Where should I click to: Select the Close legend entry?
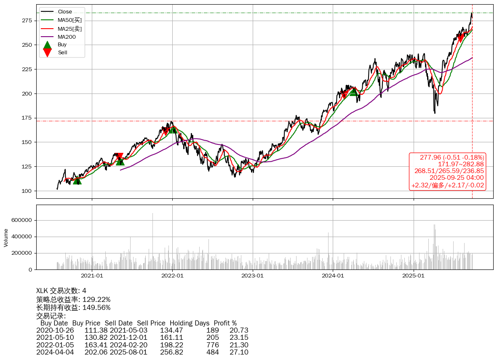(64, 12)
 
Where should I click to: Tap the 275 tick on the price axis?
(27, 20)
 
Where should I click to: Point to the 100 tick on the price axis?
(27, 191)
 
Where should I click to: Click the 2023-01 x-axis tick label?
(253, 276)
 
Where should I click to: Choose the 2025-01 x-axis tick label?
(413, 276)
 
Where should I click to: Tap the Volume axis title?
(6, 237)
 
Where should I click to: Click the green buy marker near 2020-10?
(77, 180)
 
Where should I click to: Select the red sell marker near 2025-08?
(460, 38)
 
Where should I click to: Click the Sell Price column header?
(151, 323)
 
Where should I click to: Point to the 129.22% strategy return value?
(96, 299)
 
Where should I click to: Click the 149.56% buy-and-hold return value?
(96, 307)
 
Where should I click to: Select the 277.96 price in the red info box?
(429, 157)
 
